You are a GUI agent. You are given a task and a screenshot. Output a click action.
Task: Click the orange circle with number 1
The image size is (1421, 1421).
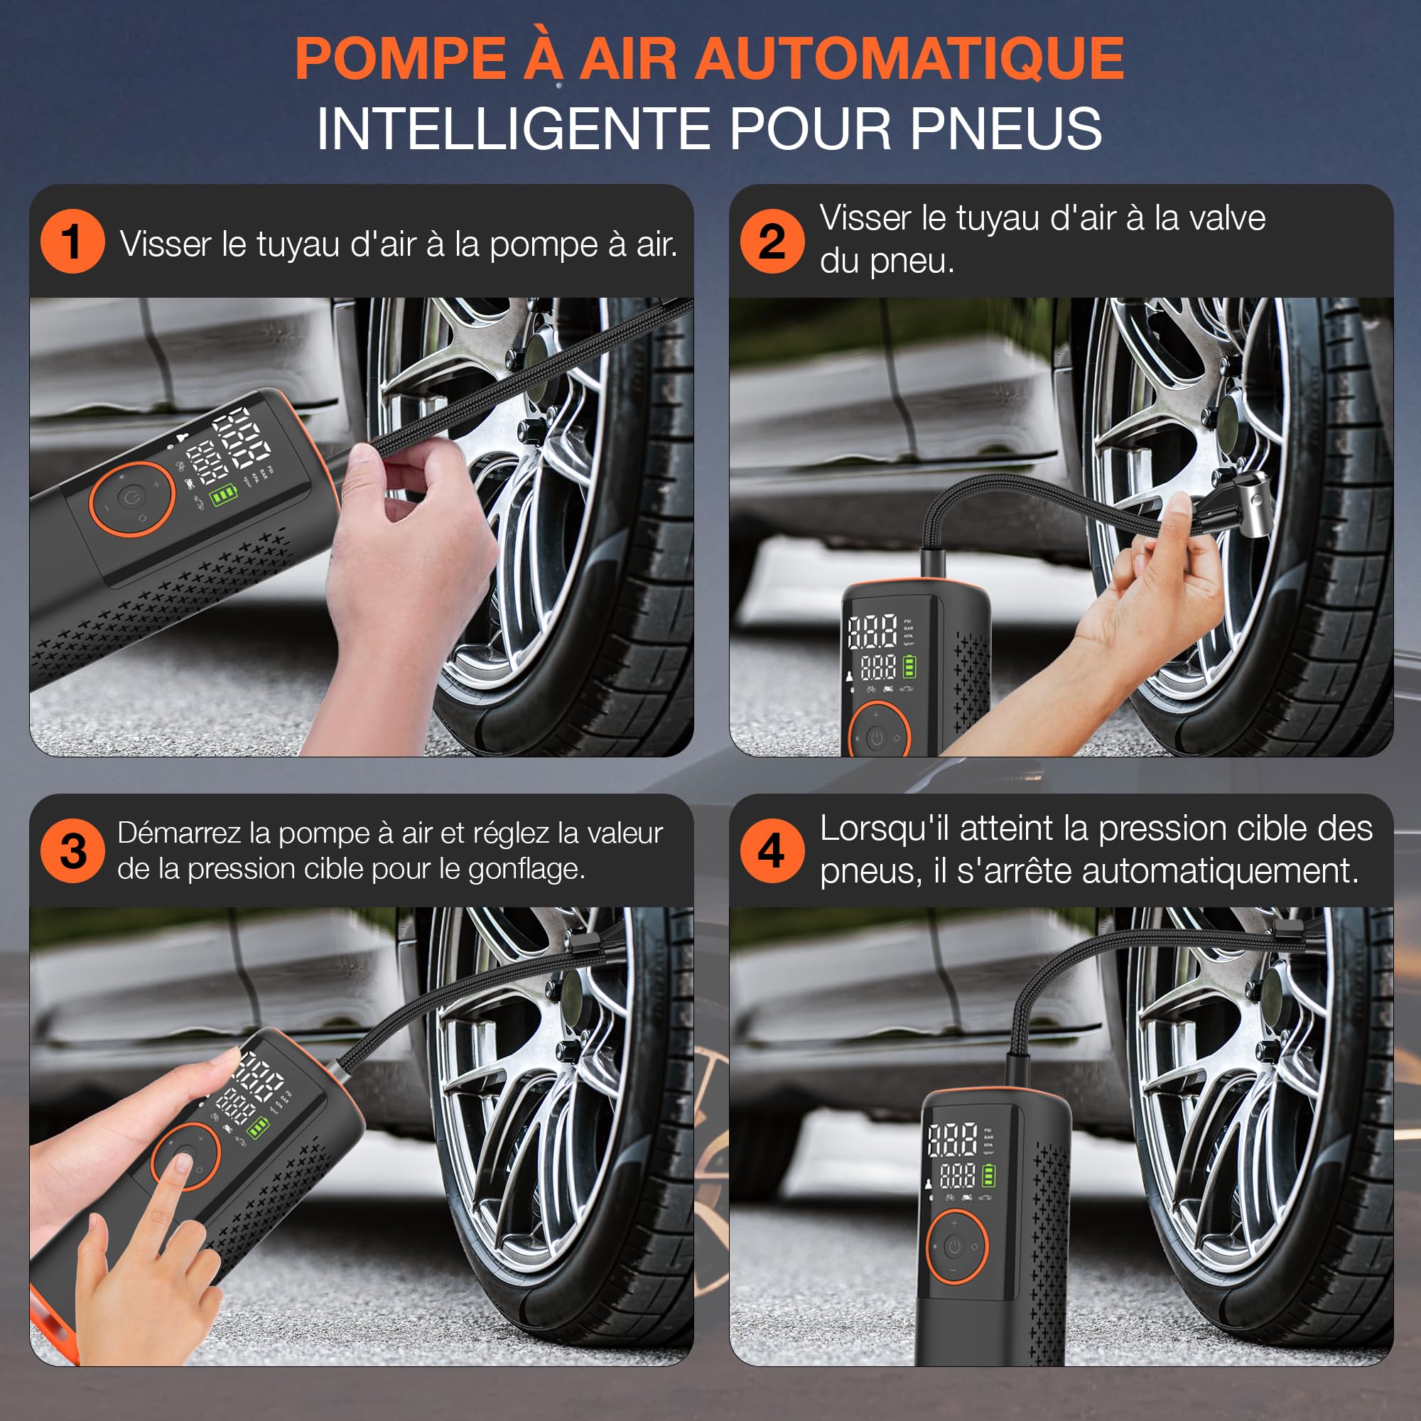pos(72,242)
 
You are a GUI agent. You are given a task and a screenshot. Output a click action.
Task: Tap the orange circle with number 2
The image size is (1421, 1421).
pos(772,242)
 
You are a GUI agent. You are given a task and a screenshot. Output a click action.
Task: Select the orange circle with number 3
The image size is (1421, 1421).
pos(72,851)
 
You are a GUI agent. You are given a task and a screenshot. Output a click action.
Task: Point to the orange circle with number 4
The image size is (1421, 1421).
pos(772,851)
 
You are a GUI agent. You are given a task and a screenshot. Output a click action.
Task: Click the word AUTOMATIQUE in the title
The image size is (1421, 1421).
pos(909,59)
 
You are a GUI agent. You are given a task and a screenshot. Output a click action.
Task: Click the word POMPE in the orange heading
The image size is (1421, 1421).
pos(400,59)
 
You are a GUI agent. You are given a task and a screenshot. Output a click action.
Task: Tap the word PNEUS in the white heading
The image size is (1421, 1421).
pos(1006,129)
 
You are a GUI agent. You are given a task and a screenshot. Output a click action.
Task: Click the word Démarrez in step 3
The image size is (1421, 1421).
pos(180,833)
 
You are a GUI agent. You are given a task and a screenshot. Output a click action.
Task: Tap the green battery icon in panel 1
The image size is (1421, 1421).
pos(223,497)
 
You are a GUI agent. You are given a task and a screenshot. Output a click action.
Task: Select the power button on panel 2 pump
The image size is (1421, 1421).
pos(876,737)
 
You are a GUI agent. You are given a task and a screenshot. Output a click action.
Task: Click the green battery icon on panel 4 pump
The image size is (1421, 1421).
pos(989,1175)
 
